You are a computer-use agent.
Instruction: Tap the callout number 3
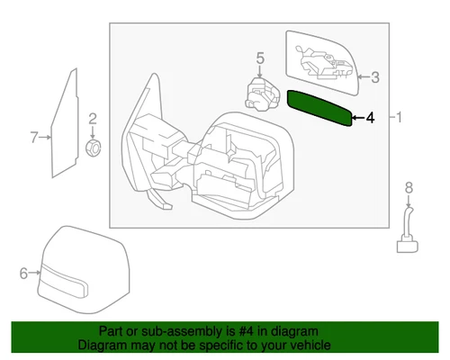[375, 77]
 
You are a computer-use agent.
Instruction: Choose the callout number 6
[24, 271]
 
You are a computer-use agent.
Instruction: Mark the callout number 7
[34, 138]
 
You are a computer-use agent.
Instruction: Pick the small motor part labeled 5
[261, 94]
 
